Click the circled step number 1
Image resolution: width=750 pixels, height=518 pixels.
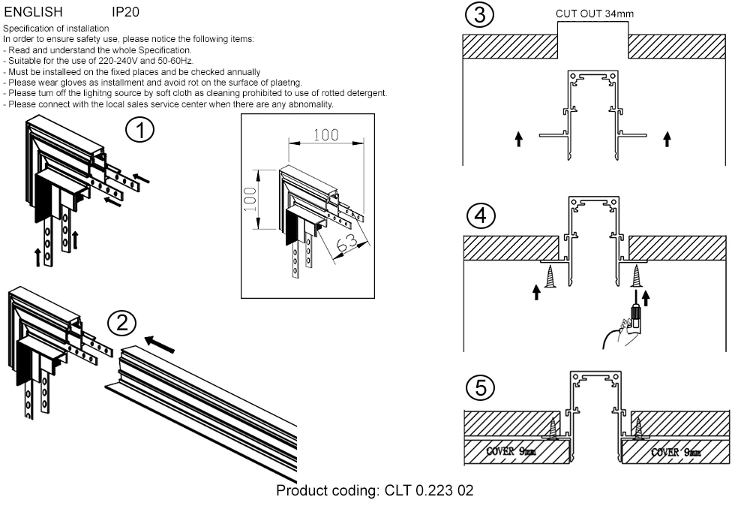click(140, 130)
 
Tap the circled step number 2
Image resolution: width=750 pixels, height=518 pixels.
click(121, 324)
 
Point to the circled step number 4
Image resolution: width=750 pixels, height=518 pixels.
click(480, 215)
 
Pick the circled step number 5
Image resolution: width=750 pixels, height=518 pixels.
click(480, 388)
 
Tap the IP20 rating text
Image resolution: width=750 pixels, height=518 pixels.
click(125, 12)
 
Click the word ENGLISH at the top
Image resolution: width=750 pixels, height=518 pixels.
click(34, 12)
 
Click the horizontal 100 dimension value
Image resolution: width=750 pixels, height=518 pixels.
click(325, 136)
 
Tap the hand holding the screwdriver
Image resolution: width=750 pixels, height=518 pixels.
click(625, 329)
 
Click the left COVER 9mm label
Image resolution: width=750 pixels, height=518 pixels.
click(511, 452)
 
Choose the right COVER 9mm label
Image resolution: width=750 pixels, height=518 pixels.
click(676, 452)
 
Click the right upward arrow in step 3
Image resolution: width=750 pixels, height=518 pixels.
click(667, 138)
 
